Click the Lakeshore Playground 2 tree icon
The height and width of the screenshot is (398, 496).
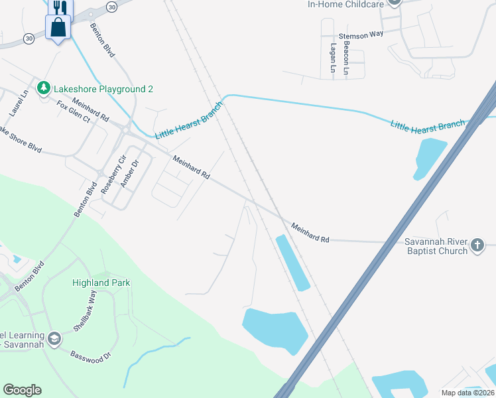click(44, 88)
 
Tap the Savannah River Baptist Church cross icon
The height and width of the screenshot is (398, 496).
click(477, 247)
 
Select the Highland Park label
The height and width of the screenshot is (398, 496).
click(101, 283)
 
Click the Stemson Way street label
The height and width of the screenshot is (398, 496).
click(361, 35)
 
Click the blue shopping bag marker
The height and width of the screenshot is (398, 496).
click(58, 28)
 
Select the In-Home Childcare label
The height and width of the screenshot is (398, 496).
click(345, 4)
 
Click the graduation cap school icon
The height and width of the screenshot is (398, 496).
click(54, 339)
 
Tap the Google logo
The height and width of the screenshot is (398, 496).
click(22, 390)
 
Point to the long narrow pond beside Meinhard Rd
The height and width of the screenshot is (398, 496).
click(292, 263)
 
